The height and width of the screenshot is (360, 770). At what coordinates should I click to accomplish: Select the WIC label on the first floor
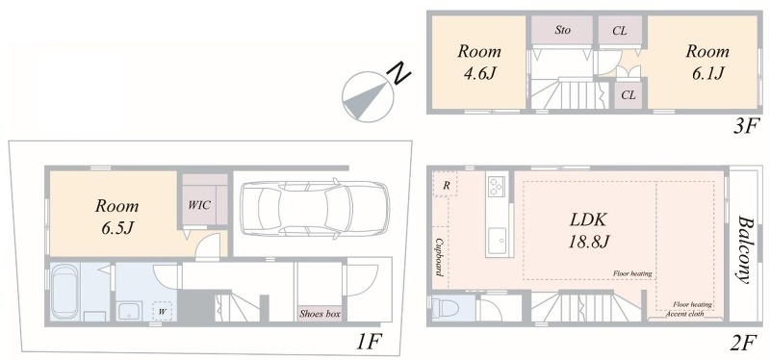pyautogui.click(x=200, y=205)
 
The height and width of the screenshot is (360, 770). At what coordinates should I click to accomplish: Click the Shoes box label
pyautogui.click(x=320, y=314)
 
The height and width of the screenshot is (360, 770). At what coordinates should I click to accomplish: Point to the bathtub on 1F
pyautogui.click(x=65, y=293)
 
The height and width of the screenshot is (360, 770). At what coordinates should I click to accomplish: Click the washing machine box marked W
pyautogui.click(x=162, y=311)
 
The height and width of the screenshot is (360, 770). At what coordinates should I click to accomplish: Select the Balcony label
pyautogui.click(x=742, y=250)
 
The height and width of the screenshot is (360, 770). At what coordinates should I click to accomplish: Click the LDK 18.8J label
pyautogui.click(x=588, y=230)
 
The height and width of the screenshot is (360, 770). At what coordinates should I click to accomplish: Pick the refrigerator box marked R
pyautogui.click(x=446, y=185)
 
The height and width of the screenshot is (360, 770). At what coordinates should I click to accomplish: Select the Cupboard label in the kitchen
pyautogui.click(x=440, y=257)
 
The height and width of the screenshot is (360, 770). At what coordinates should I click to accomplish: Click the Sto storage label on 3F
pyautogui.click(x=562, y=31)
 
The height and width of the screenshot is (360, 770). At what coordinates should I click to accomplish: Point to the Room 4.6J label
pyautogui.click(x=478, y=62)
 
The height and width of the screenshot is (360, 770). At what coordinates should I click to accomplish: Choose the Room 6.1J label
pyautogui.click(x=707, y=62)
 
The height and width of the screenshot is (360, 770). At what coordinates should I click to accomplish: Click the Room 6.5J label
pyautogui.click(x=116, y=217)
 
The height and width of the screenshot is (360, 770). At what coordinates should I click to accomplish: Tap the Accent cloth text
pyautogui.click(x=685, y=314)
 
